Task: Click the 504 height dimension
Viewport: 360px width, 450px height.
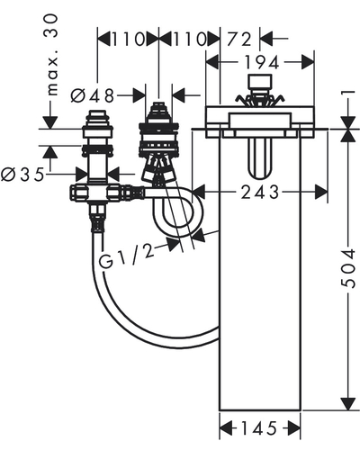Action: (x=348, y=268)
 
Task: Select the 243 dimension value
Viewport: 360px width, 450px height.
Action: (x=260, y=193)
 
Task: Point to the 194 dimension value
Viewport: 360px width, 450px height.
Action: (x=262, y=63)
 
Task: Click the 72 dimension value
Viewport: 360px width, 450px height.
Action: (x=239, y=40)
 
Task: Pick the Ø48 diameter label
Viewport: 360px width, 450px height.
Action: (x=93, y=96)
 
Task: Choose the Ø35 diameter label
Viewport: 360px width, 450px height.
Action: (x=22, y=175)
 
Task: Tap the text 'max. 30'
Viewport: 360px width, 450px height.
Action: (x=50, y=55)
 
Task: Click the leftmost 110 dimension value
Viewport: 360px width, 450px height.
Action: (x=129, y=40)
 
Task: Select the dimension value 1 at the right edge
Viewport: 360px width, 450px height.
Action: (x=349, y=96)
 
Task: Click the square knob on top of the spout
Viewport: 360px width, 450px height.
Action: (x=260, y=83)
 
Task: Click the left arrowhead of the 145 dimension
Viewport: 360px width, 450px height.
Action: (x=227, y=428)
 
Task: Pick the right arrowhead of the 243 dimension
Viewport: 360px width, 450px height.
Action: (x=321, y=193)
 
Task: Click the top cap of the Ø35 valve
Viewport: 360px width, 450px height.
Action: (x=98, y=116)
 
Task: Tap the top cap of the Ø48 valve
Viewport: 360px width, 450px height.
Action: (x=159, y=109)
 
